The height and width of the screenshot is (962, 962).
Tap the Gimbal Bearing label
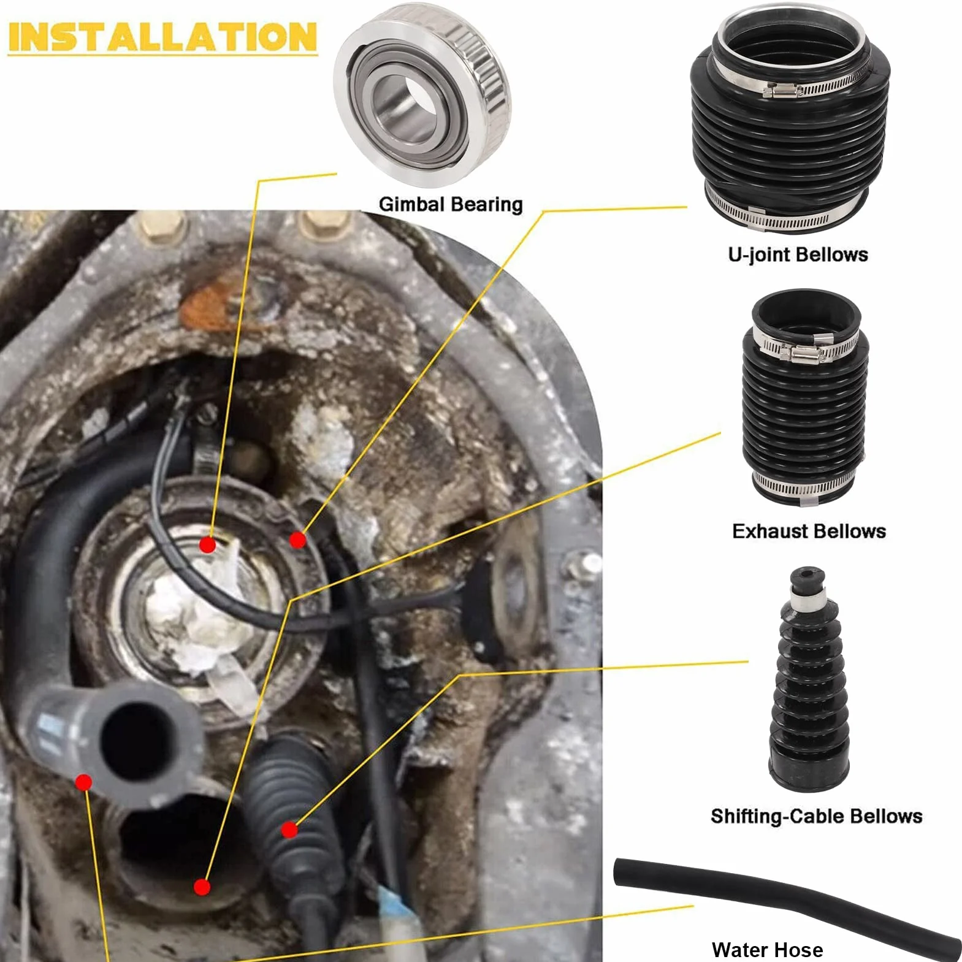[x=451, y=204]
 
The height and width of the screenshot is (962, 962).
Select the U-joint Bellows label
[x=798, y=254]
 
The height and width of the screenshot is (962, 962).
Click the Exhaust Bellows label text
[x=809, y=531]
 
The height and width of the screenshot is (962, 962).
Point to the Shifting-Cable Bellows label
[x=816, y=816]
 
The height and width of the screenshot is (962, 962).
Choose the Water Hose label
[x=767, y=950]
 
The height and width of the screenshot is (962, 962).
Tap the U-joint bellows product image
[x=790, y=119]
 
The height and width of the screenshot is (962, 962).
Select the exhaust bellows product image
[x=805, y=397]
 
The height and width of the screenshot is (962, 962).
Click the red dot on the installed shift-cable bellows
[x=289, y=830]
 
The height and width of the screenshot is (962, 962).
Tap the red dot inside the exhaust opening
[x=202, y=887]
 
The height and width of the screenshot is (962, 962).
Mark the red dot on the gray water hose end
[x=83, y=782]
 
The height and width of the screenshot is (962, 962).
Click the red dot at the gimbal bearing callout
[x=208, y=544]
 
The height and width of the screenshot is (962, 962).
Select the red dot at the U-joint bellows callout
[x=297, y=540]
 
